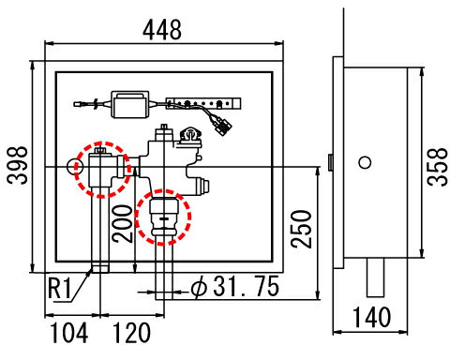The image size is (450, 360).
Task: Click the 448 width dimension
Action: [x=162, y=29]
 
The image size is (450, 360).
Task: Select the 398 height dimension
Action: [x=18, y=165]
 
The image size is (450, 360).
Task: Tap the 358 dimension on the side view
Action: [x=438, y=167]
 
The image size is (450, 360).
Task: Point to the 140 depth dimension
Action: [x=371, y=317]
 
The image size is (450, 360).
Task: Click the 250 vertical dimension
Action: [x=301, y=229]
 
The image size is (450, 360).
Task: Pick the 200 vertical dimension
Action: [x=123, y=224]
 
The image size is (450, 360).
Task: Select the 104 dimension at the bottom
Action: [x=68, y=333]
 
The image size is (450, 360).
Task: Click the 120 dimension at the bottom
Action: [x=131, y=333]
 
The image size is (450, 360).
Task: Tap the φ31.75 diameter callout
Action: [x=235, y=286]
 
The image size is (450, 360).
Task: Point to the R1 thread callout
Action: [x=59, y=289]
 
